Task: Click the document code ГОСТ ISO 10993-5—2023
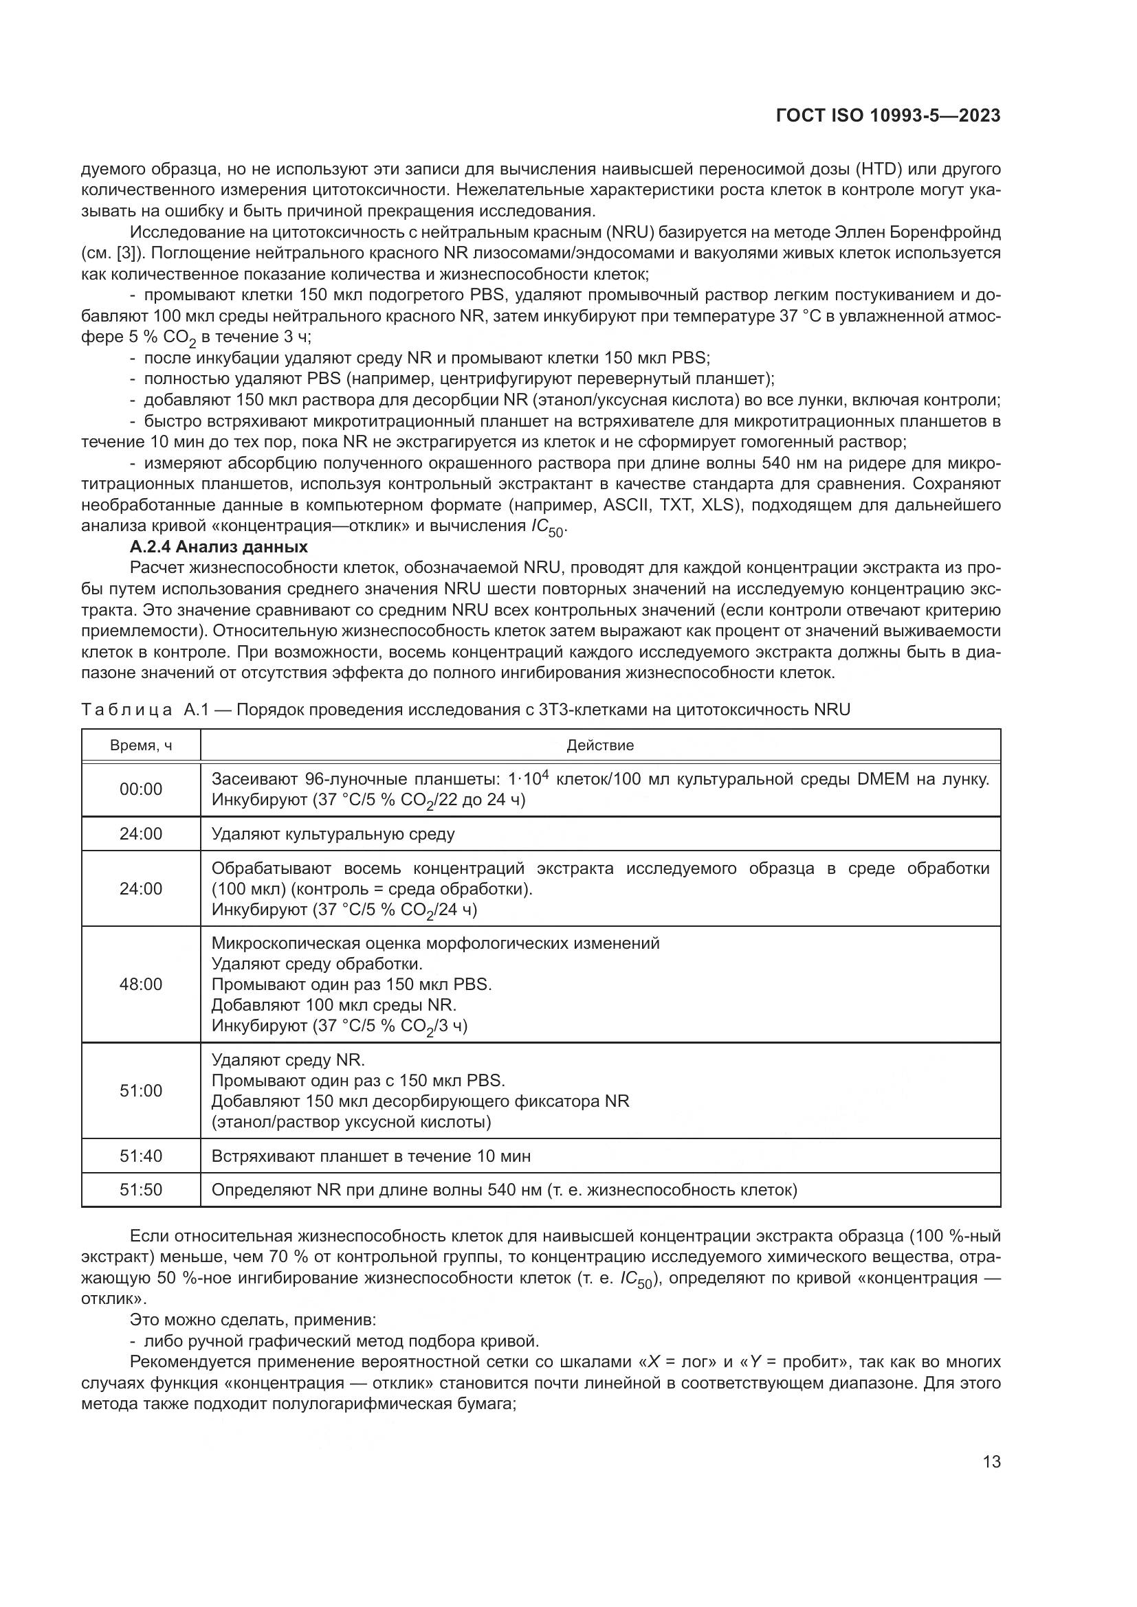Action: pyautogui.click(x=887, y=115)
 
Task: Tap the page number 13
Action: pyautogui.click(x=991, y=1461)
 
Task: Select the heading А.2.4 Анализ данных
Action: pyautogui.click(x=219, y=546)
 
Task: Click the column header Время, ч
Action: pyautogui.click(x=141, y=745)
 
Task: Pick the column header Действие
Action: pyautogui.click(x=600, y=745)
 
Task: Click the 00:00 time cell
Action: pyautogui.click(x=141, y=789)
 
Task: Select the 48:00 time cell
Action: pyautogui.click(x=141, y=984)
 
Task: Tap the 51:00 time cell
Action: pyautogui.click(x=141, y=1090)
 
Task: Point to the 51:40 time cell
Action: pyautogui.click(x=141, y=1156)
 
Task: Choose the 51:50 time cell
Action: pyautogui.click(x=141, y=1190)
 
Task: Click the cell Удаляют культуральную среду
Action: pyautogui.click(x=333, y=833)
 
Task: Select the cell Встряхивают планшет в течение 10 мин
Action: pyautogui.click(x=371, y=1156)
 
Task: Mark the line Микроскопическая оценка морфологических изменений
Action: pyautogui.click(x=434, y=943)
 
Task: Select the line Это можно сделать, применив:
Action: pyautogui.click(x=253, y=1320)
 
